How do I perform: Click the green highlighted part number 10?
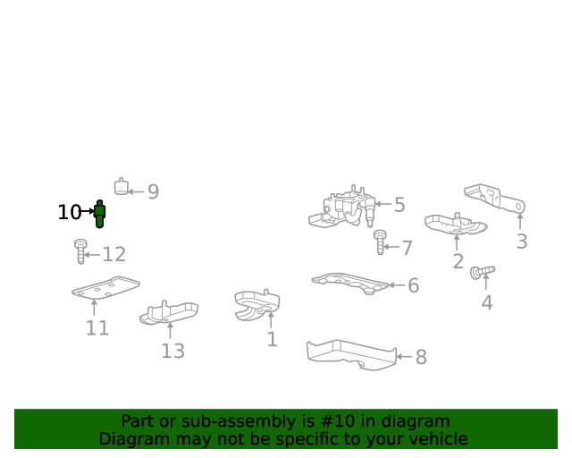click(99, 214)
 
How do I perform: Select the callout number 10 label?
click(70, 212)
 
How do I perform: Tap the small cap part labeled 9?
click(122, 187)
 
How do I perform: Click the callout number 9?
click(153, 191)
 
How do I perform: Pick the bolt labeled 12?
click(80, 251)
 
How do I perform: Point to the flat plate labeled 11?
click(105, 287)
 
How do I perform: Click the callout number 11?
click(97, 328)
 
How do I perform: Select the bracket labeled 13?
click(169, 312)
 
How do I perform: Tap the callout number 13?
click(172, 351)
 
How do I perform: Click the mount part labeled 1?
click(257, 305)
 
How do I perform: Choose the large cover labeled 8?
click(351, 354)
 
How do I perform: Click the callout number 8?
click(421, 357)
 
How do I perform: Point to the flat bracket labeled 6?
click(350, 283)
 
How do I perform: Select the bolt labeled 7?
click(380, 242)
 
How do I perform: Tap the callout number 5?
click(400, 205)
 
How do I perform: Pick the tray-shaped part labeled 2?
click(456, 224)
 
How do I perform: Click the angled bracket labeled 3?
click(495, 198)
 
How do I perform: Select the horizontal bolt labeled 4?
click(483, 273)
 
